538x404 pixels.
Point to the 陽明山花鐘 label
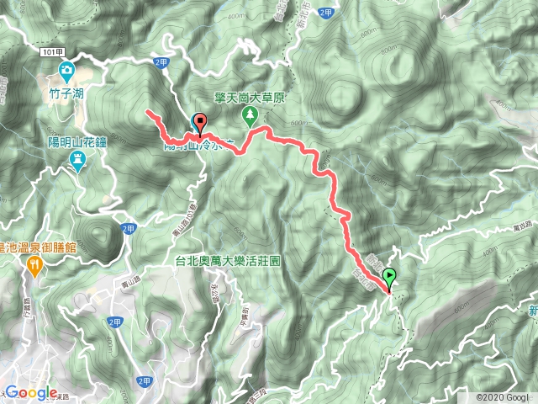click(77, 142)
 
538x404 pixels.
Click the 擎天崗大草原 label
click(250, 98)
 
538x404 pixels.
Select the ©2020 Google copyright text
click(502, 397)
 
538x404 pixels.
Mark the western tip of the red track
click(148, 111)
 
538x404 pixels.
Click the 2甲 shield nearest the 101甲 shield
click(161, 62)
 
